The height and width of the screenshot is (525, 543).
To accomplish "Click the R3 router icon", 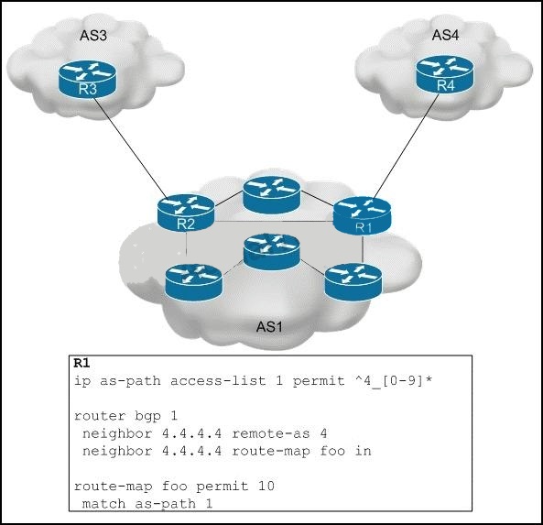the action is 88,79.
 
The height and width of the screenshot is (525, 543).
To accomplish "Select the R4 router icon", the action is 445,74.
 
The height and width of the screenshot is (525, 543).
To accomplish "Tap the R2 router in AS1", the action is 186,213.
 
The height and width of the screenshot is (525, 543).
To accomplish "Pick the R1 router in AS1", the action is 363,215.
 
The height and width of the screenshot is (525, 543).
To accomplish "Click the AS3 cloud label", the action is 93,36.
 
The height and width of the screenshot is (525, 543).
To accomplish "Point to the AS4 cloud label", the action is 445,35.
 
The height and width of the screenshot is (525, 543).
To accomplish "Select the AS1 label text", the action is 269,327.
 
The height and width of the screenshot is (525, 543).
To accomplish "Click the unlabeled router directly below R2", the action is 193,282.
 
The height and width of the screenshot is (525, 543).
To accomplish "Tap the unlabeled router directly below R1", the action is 353,281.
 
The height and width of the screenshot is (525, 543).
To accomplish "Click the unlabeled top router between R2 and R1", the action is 271,194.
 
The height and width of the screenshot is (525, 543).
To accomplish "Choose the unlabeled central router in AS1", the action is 271,252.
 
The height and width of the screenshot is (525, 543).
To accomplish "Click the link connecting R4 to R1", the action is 407,146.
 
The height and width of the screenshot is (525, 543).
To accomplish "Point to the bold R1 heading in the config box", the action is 81,363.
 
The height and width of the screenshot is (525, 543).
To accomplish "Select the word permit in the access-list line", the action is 319,381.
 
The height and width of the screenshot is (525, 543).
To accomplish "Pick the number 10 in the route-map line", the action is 266,486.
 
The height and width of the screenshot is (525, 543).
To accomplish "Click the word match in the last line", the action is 103,504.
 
